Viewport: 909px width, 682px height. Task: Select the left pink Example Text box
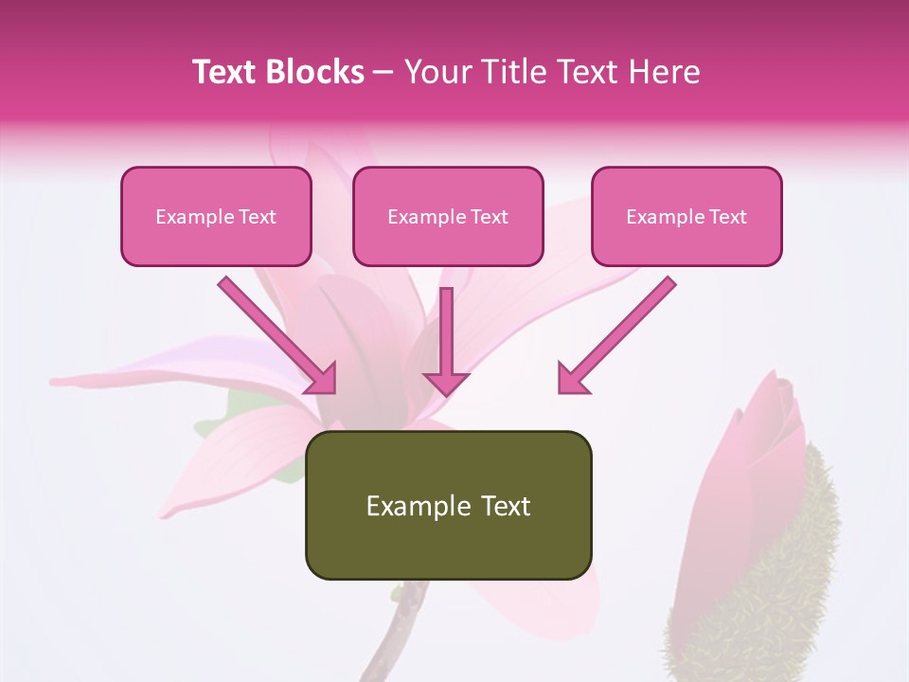point(216,216)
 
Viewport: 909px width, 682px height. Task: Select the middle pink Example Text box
point(448,216)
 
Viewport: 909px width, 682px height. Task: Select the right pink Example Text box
point(686,216)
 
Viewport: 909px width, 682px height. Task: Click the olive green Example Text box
point(448,505)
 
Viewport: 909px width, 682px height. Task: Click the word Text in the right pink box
point(728,217)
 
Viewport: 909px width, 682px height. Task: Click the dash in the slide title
point(383,72)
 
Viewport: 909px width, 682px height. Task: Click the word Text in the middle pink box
point(490,217)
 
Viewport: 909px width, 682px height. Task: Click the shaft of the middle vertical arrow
point(446,327)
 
